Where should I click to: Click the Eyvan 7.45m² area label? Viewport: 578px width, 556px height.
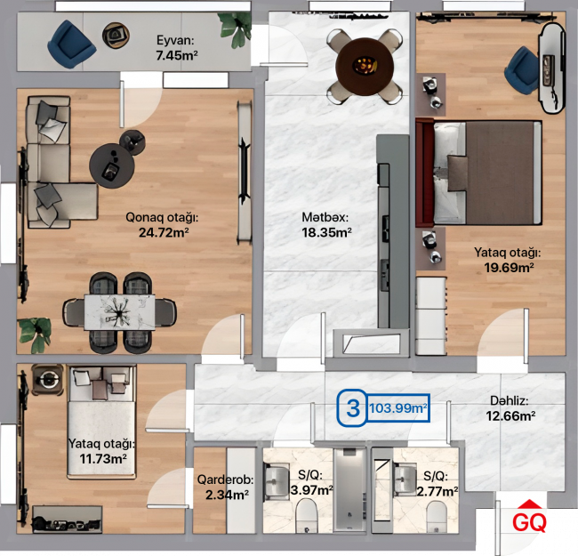[177, 47]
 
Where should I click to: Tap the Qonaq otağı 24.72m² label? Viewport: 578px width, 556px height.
[162, 224]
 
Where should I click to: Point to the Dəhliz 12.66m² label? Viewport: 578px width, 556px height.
[510, 408]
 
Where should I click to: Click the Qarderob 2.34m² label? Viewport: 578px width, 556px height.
[226, 487]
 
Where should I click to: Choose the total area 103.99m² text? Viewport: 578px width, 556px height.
[398, 408]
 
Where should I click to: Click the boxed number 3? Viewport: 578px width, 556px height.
[353, 408]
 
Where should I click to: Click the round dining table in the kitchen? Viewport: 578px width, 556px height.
[365, 67]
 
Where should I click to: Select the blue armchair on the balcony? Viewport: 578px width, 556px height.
[71, 44]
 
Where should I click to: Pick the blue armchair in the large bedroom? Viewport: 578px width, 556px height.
[522, 70]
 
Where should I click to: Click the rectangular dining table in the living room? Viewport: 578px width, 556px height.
[119, 312]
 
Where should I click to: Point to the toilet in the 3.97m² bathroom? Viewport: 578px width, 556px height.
[307, 515]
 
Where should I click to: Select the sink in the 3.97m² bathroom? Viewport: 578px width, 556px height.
[276, 480]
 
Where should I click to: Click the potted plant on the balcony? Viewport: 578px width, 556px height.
[235, 29]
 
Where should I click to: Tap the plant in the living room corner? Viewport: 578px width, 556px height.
[35, 334]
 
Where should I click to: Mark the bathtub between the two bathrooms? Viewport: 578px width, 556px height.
[349, 489]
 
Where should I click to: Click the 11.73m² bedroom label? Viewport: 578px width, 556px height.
[102, 451]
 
